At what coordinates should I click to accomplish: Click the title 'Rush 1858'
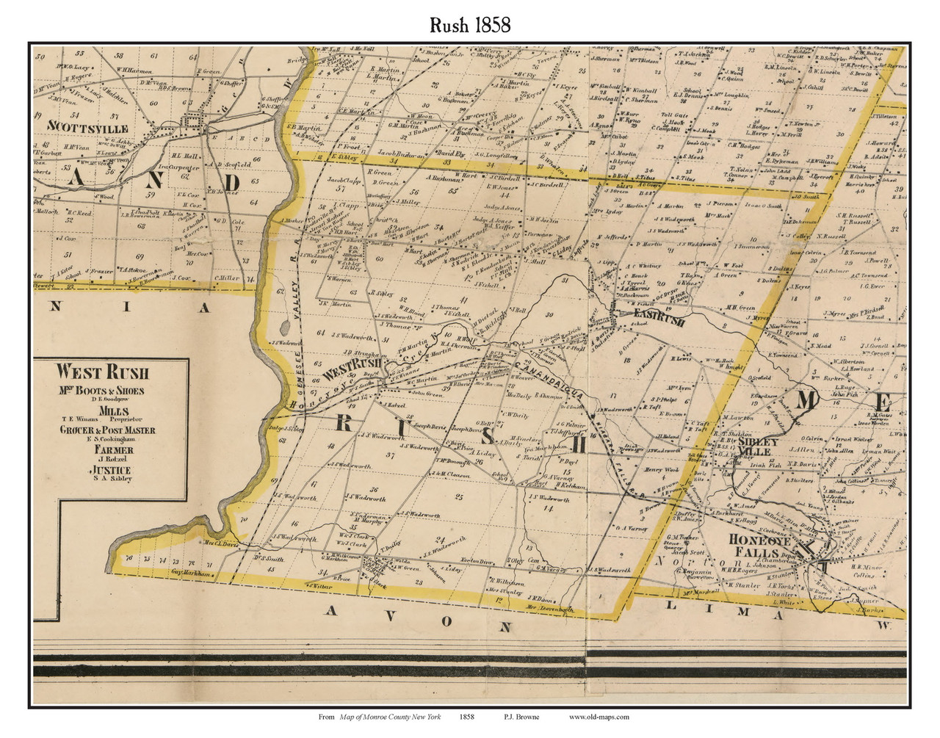[x=470, y=24]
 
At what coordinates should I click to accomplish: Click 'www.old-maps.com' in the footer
[x=599, y=717]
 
